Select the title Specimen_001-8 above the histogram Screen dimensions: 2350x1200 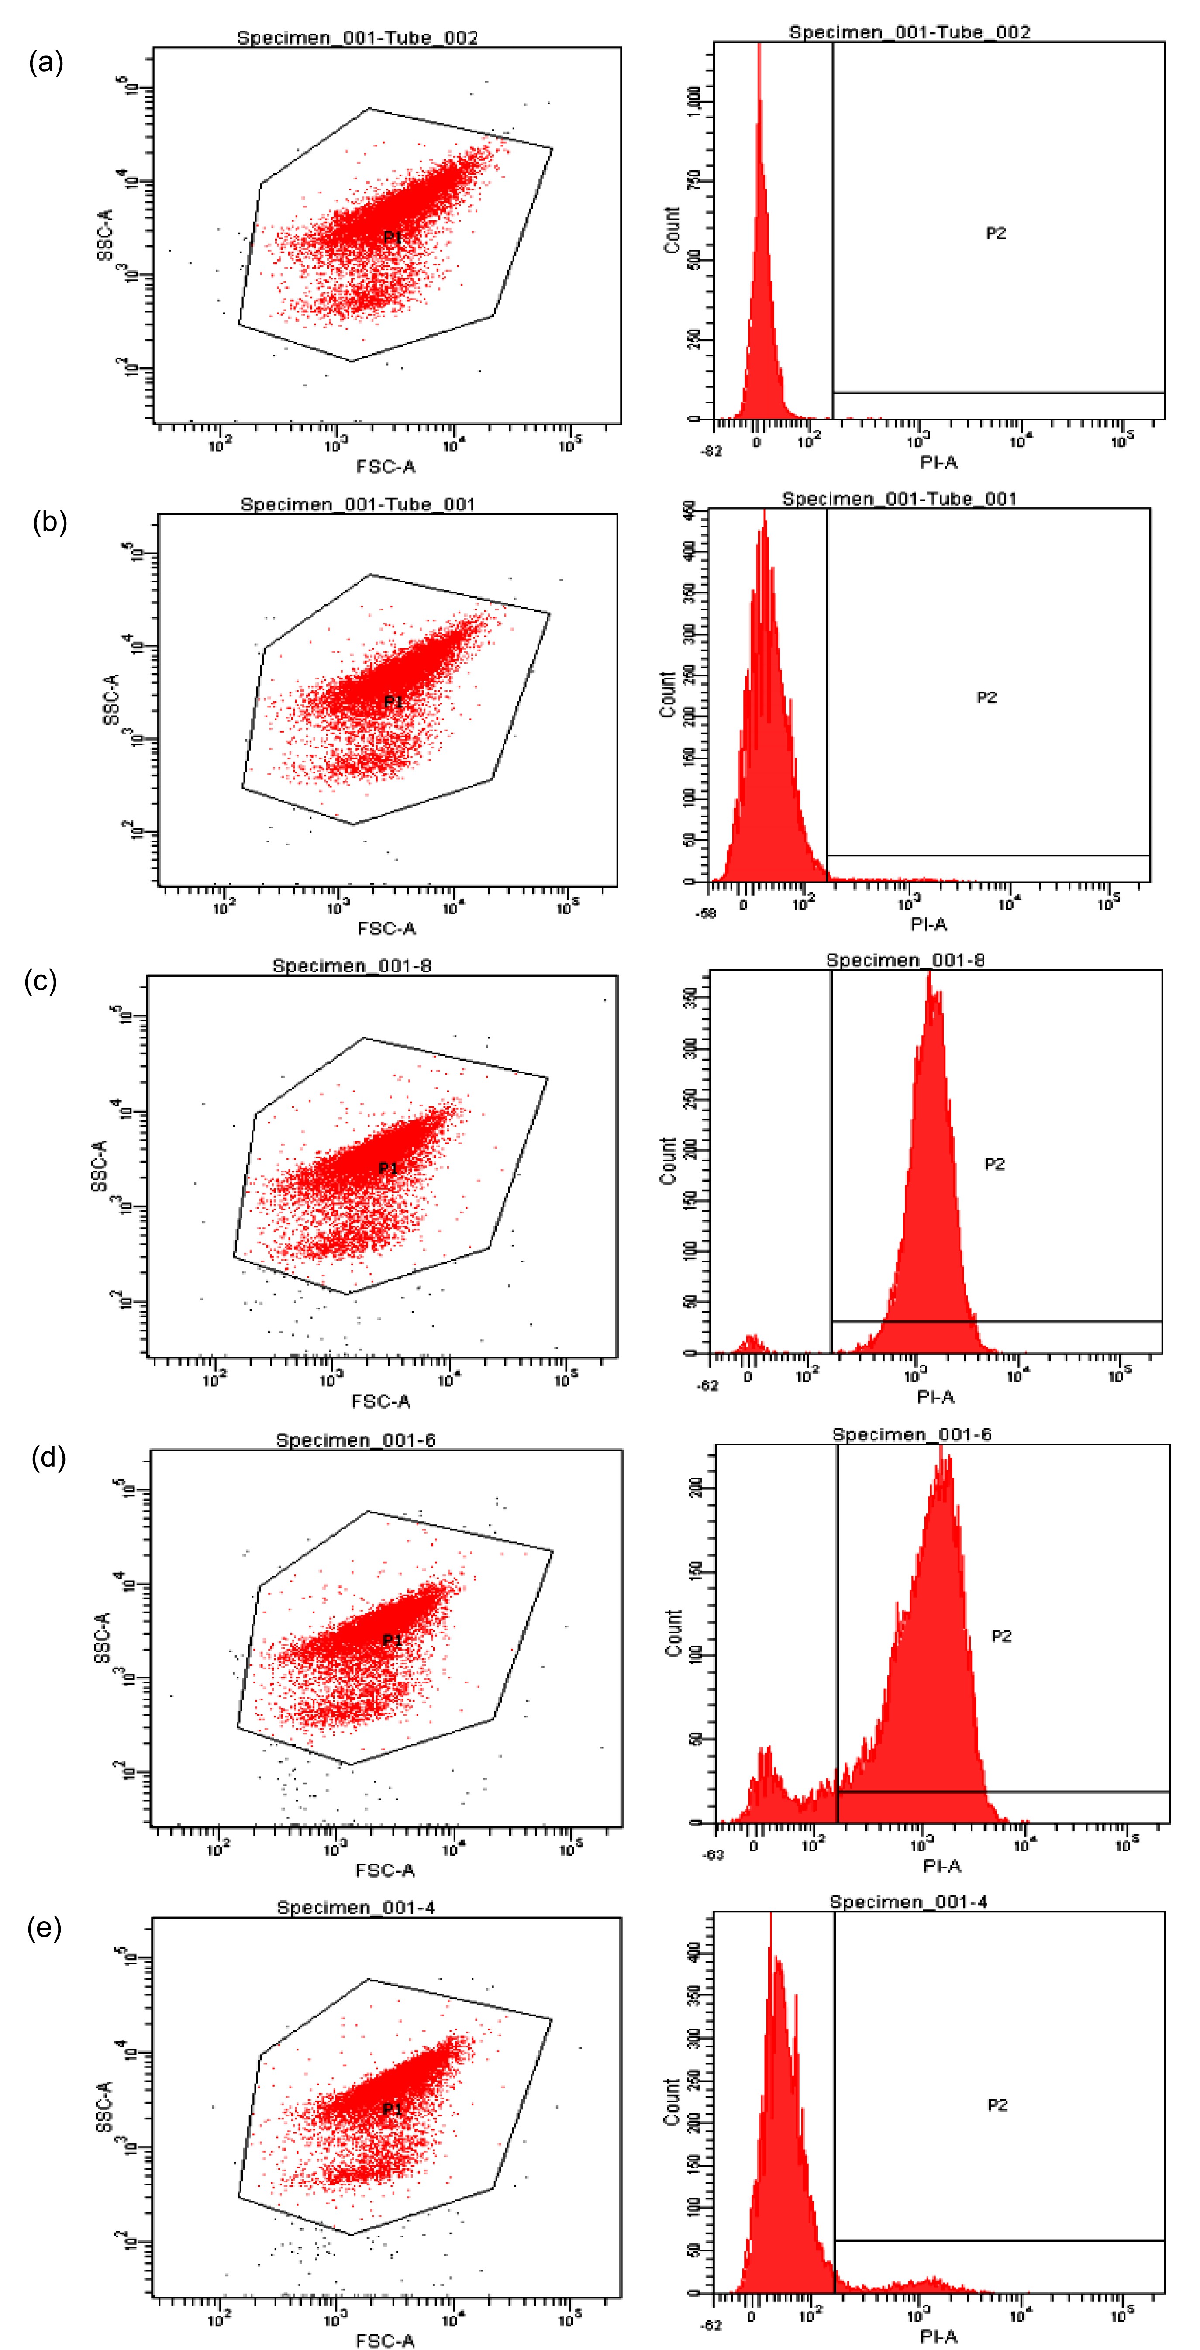coord(905,960)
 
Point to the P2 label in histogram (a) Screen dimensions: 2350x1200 coord(996,234)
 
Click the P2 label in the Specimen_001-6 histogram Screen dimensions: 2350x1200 coord(1001,1637)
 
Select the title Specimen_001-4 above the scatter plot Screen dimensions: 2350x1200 coord(356,1908)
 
